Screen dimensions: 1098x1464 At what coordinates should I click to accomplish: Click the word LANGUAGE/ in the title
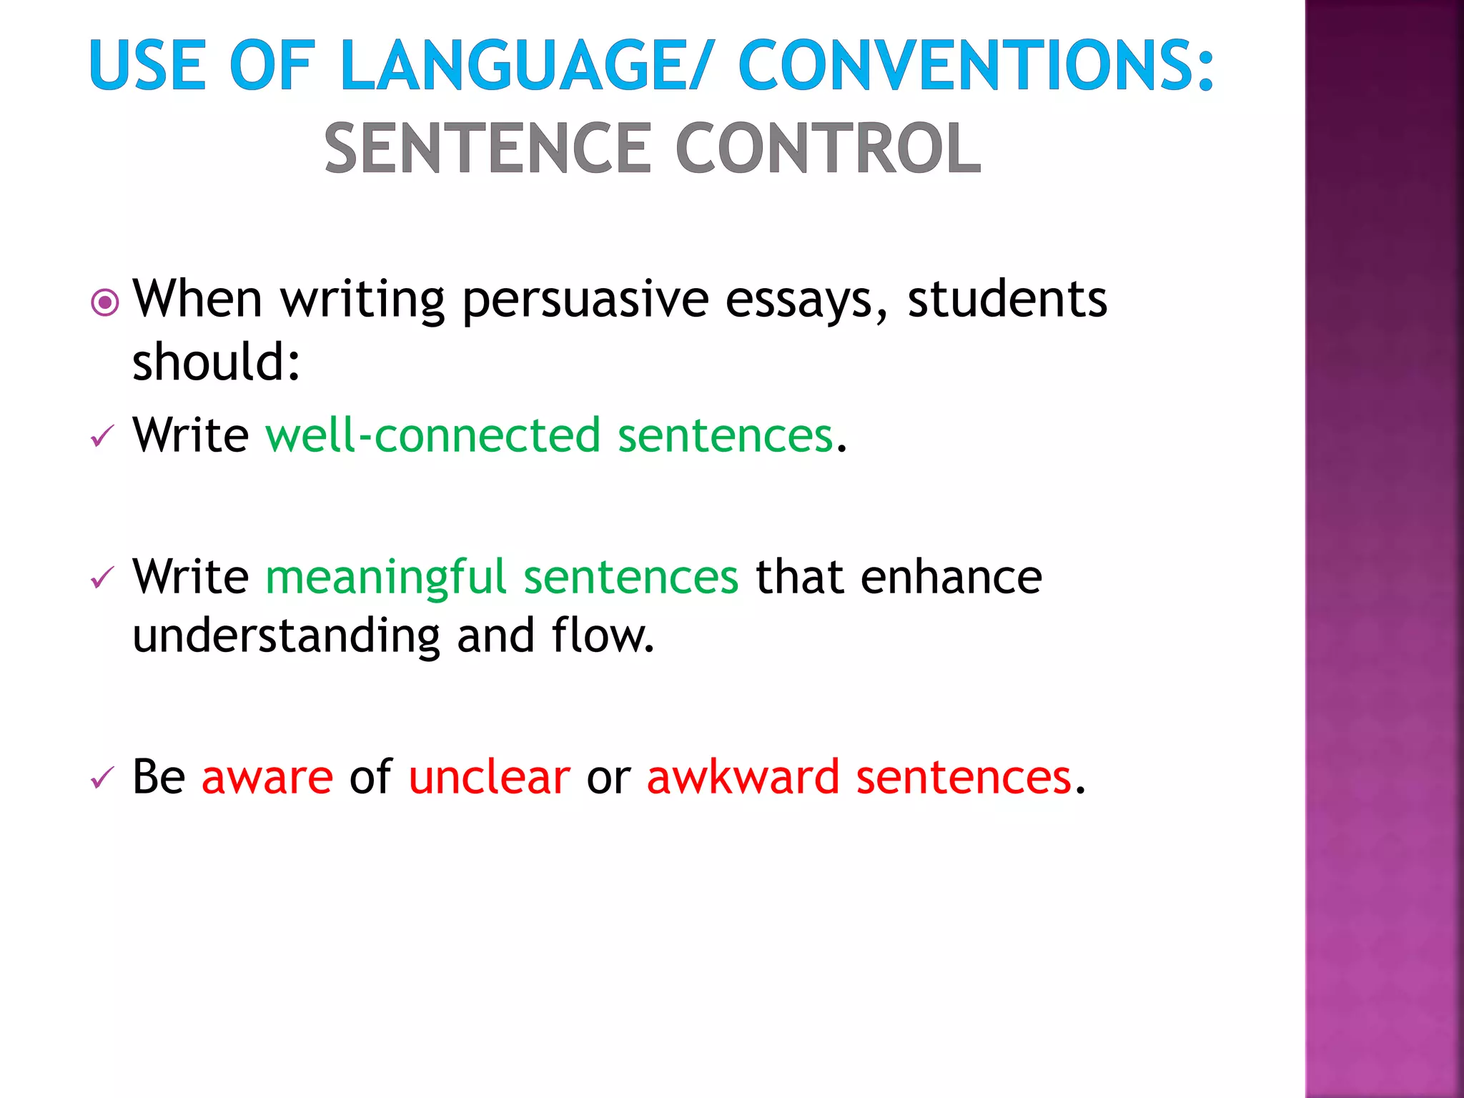526,66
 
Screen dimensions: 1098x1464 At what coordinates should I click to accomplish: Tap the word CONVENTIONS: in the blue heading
975,66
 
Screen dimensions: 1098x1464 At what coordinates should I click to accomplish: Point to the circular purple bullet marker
105,302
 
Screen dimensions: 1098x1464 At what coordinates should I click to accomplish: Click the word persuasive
585,300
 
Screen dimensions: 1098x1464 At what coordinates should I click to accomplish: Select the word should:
216,362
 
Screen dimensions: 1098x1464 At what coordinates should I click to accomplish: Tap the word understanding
286,636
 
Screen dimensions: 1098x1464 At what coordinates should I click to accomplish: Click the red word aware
267,778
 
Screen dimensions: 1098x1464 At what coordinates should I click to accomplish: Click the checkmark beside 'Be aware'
102,778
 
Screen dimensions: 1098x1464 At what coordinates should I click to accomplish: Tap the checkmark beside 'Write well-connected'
102,436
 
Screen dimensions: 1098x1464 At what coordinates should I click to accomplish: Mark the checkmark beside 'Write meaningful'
102,578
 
